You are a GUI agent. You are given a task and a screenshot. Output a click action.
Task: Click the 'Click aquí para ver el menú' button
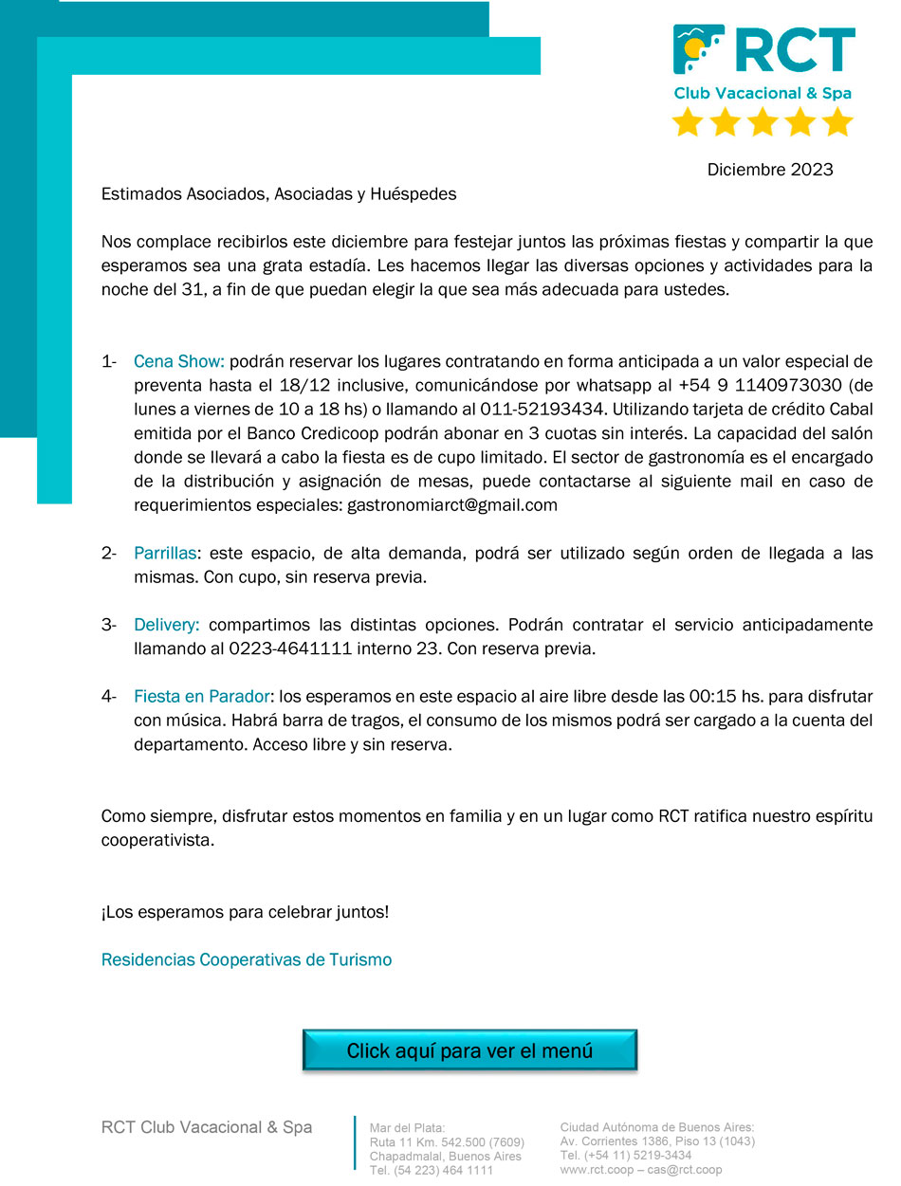point(469,1050)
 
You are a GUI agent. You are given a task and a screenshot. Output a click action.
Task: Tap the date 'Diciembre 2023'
point(770,170)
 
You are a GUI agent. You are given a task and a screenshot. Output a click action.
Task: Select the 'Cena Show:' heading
point(178,361)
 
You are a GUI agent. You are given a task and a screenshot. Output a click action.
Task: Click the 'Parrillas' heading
point(165,553)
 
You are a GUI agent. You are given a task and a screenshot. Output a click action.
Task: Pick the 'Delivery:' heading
point(167,625)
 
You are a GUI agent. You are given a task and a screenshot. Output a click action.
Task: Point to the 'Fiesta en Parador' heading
point(203,697)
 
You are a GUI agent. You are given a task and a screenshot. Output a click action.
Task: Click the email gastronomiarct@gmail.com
point(452,505)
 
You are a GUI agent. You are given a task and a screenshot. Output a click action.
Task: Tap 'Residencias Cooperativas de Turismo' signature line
point(247,959)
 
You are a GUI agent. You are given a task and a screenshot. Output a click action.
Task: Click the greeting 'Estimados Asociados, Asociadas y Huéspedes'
point(279,194)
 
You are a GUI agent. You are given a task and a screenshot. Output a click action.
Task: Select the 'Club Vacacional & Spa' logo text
point(763,93)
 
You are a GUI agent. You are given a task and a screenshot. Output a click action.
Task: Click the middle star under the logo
point(763,122)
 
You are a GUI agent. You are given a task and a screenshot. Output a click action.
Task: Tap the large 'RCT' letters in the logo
point(795,51)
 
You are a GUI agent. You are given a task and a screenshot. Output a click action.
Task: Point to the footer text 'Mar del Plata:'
point(400,1127)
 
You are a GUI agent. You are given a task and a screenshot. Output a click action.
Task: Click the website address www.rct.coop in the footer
point(597,1170)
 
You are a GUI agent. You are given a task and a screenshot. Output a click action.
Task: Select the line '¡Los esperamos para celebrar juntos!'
point(245,912)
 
